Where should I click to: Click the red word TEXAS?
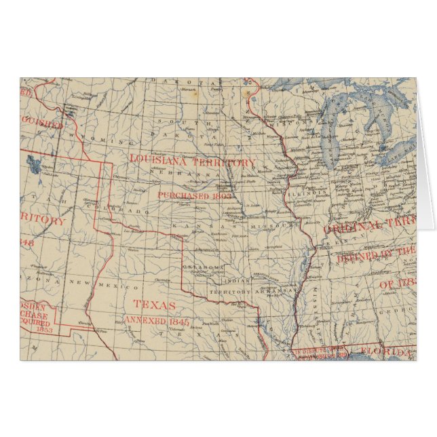tap(155, 305)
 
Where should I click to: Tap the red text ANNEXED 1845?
tap(156, 321)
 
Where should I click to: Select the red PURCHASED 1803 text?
tap(185, 195)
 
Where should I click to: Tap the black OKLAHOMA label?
tap(203, 267)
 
